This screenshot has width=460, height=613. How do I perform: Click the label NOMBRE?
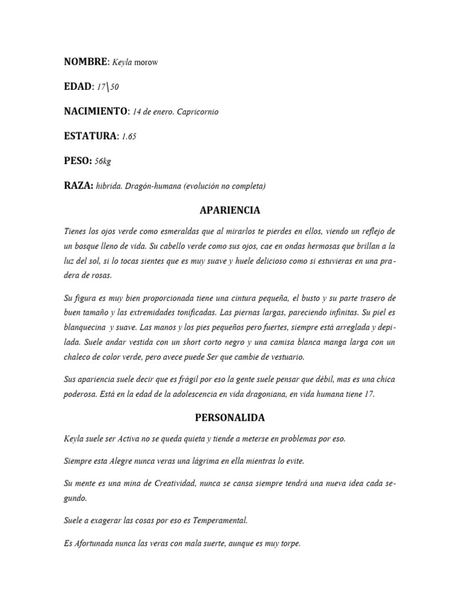click(x=85, y=62)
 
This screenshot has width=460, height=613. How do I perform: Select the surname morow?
click(x=146, y=63)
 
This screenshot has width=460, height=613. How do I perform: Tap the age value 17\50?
click(x=108, y=87)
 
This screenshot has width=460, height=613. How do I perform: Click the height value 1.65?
click(x=129, y=136)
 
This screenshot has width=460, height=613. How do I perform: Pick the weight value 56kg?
click(x=103, y=161)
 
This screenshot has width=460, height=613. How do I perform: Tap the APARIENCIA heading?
click(x=229, y=211)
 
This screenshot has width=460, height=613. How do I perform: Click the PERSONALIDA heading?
click(x=229, y=417)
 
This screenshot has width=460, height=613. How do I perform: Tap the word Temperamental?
click(x=218, y=520)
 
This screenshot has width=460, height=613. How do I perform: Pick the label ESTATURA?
click(x=90, y=136)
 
